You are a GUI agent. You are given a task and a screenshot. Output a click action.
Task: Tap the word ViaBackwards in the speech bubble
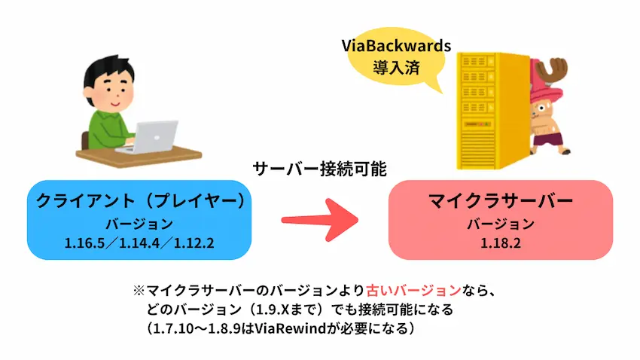(x=396, y=46)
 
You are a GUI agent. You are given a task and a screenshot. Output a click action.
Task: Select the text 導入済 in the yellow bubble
(x=396, y=67)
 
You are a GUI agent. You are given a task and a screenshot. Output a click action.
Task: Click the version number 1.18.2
(x=501, y=243)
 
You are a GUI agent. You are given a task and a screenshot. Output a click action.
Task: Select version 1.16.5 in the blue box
(x=84, y=243)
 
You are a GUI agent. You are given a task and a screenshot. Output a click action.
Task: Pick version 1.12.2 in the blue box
(x=194, y=243)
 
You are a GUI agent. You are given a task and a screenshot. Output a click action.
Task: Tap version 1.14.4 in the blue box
(x=139, y=243)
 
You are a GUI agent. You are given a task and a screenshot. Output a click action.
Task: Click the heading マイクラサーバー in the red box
(x=501, y=201)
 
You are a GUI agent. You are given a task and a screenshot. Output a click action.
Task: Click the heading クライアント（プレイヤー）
(x=140, y=201)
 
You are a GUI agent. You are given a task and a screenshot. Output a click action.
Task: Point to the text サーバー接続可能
(x=319, y=169)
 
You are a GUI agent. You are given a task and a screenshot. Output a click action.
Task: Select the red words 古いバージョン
(x=413, y=291)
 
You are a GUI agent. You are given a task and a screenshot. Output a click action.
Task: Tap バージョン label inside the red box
(x=501, y=224)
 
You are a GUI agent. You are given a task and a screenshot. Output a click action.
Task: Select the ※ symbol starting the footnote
(x=139, y=291)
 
